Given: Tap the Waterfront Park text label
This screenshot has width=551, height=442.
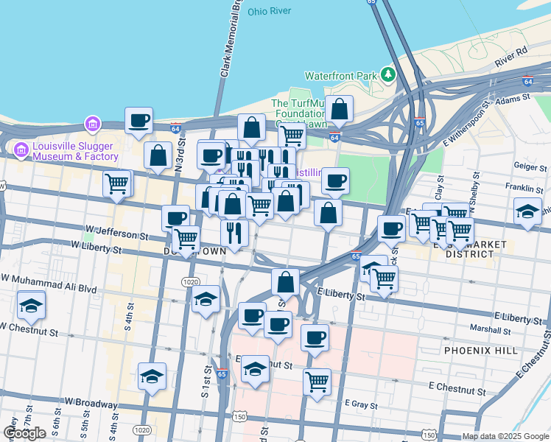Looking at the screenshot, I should coord(340,75).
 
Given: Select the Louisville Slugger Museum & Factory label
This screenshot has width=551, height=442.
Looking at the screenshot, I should coord(66,151).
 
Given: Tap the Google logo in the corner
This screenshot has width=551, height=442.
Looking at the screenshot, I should coord(24,433).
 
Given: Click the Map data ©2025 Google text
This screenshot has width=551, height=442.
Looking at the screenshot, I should coord(505,436).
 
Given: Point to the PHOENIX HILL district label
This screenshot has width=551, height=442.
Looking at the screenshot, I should coord(480,351).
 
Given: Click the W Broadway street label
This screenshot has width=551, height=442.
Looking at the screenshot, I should coord(91,403).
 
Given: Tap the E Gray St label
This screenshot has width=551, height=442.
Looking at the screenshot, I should coord(361,404).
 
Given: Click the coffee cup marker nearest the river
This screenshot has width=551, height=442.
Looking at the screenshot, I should coord(138,121).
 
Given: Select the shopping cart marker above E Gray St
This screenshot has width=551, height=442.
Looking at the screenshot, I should coord(317,382).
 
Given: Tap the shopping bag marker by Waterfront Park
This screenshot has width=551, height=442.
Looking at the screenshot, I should coord(340,110).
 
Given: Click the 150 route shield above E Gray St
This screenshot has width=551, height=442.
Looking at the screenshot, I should coord(239,417).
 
